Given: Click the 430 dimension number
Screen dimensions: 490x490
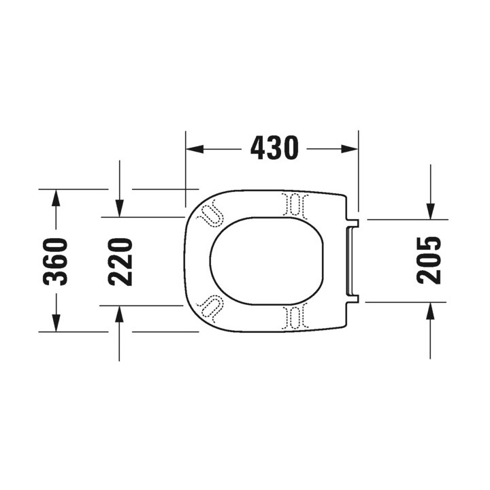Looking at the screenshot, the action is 274,148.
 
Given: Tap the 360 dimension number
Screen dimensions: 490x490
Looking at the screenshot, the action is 55,261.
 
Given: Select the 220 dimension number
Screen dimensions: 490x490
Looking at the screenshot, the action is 120,262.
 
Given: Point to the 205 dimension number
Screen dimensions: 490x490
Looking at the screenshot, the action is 429,260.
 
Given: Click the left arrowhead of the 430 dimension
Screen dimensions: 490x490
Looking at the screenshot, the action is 195,149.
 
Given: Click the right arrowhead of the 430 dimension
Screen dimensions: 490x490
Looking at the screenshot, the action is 349,149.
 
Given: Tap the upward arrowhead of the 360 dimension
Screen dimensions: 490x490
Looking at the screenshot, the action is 56,198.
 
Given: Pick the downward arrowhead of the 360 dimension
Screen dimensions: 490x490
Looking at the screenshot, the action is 56,323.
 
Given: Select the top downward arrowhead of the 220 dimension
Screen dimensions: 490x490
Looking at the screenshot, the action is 119,208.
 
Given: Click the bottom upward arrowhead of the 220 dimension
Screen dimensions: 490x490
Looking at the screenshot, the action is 119,314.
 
